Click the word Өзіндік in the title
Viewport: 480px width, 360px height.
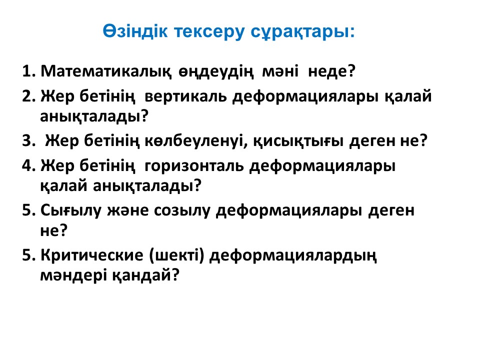click(x=135, y=31)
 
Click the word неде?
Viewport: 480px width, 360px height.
click(x=331, y=71)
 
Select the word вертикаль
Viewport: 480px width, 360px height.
click(x=185, y=96)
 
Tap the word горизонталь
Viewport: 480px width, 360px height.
click(x=194, y=166)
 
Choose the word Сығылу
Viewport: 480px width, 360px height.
click(x=70, y=210)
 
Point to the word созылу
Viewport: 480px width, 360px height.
click(x=182, y=210)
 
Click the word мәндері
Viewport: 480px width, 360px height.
click(x=73, y=274)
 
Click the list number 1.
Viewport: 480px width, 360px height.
click(x=29, y=71)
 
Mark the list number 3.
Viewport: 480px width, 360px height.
click(x=29, y=141)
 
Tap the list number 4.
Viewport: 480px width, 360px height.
click(x=29, y=165)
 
